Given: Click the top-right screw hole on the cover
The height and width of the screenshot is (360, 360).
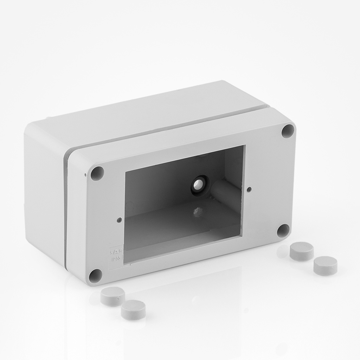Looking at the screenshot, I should pos(288,131).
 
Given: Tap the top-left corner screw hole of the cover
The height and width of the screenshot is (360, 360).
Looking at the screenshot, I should pos(97,173).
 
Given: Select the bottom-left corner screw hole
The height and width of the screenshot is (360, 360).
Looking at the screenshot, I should pos(95,276).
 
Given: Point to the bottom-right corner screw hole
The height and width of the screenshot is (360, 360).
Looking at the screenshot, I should pos(283,231).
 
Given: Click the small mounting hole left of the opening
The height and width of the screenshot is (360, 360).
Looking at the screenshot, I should pos(119,220).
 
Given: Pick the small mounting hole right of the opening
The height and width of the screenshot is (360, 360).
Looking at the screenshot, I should pos(249,189).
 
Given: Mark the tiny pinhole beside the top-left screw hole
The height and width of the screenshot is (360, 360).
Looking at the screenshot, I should pos(85,174).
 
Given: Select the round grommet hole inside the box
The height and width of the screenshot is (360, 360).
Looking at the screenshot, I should pos(199,184).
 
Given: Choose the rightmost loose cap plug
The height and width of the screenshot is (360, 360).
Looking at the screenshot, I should pos(325,265).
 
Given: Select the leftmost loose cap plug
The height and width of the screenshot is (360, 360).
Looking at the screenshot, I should pos(112,296).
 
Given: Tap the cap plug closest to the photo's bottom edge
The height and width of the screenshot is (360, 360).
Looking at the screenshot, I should pos(133,310).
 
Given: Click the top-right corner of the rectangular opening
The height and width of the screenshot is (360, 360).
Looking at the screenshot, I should pos(244,146).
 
